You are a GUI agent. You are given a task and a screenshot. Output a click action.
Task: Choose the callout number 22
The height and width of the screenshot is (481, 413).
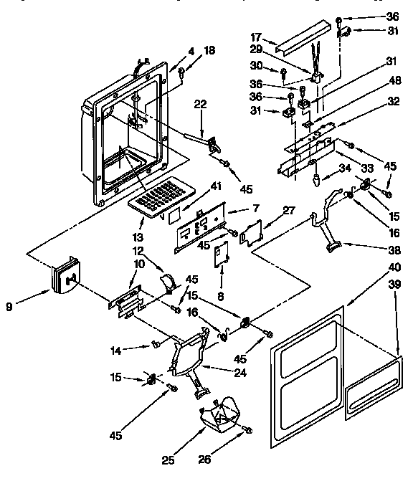coord(201,104)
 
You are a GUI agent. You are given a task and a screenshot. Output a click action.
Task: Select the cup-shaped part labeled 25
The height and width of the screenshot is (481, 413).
coord(219,416)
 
